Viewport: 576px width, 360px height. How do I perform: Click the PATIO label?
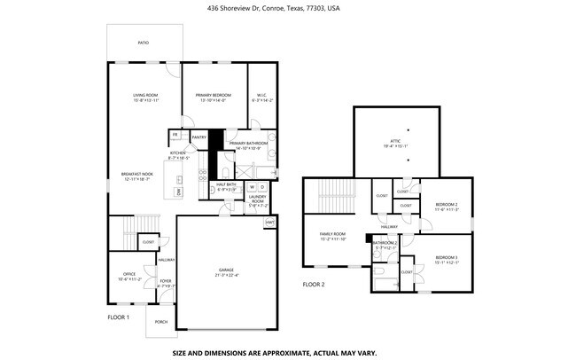tap(143, 43)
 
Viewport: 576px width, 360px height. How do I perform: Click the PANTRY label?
tap(198, 137)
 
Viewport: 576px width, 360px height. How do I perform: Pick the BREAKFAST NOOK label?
tap(136, 174)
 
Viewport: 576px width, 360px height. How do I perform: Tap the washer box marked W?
tap(251, 187)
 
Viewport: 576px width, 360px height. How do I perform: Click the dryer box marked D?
tap(263, 187)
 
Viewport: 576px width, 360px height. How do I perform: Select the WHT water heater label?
tap(269, 220)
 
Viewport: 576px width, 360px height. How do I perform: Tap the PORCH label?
tap(161, 321)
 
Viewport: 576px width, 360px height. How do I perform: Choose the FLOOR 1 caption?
tap(119, 317)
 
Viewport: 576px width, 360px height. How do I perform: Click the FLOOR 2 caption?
tap(314, 285)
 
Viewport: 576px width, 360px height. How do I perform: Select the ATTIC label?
tap(395, 141)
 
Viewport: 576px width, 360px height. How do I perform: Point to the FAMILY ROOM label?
tap(333, 234)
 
